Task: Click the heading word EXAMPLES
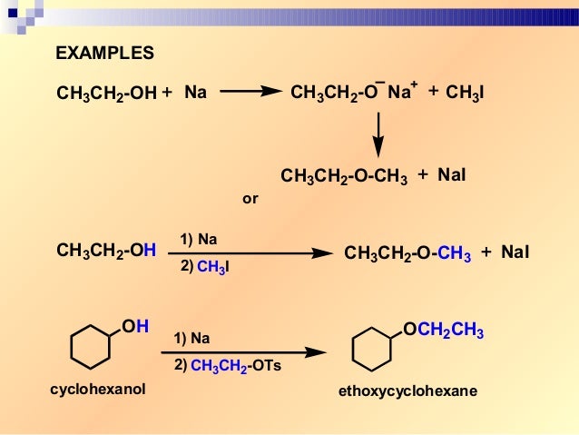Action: click(104, 53)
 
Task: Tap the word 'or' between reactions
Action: click(250, 197)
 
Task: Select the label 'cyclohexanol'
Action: click(97, 390)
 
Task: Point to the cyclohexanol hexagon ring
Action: click(91, 349)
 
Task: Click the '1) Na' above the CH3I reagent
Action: click(199, 240)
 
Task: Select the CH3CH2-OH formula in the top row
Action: click(106, 93)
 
